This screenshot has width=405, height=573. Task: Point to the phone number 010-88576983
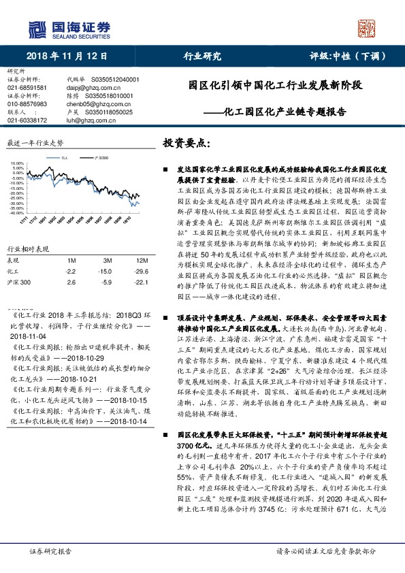click(x=27, y=104)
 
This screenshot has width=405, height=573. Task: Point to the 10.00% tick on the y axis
click(x=14, y=164)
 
